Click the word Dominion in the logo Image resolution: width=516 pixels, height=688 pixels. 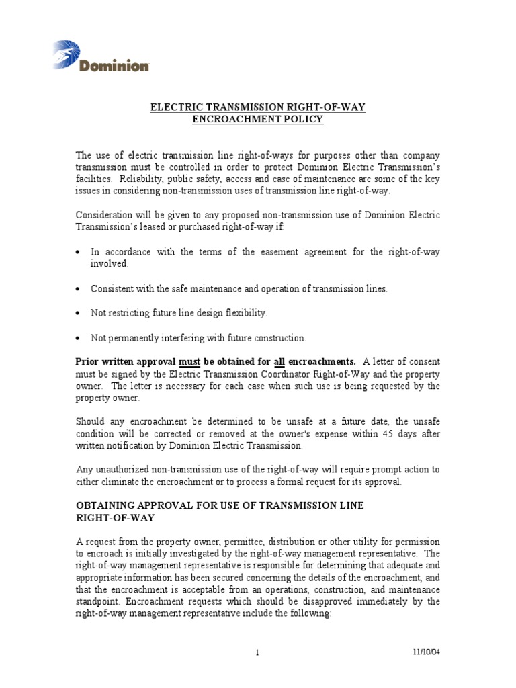coord(114,66)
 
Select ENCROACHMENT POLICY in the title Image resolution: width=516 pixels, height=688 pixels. coord(257,119)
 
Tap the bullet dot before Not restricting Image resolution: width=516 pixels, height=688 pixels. coord(79,314)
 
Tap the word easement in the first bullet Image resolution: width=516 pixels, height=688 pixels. coord(264,252)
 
